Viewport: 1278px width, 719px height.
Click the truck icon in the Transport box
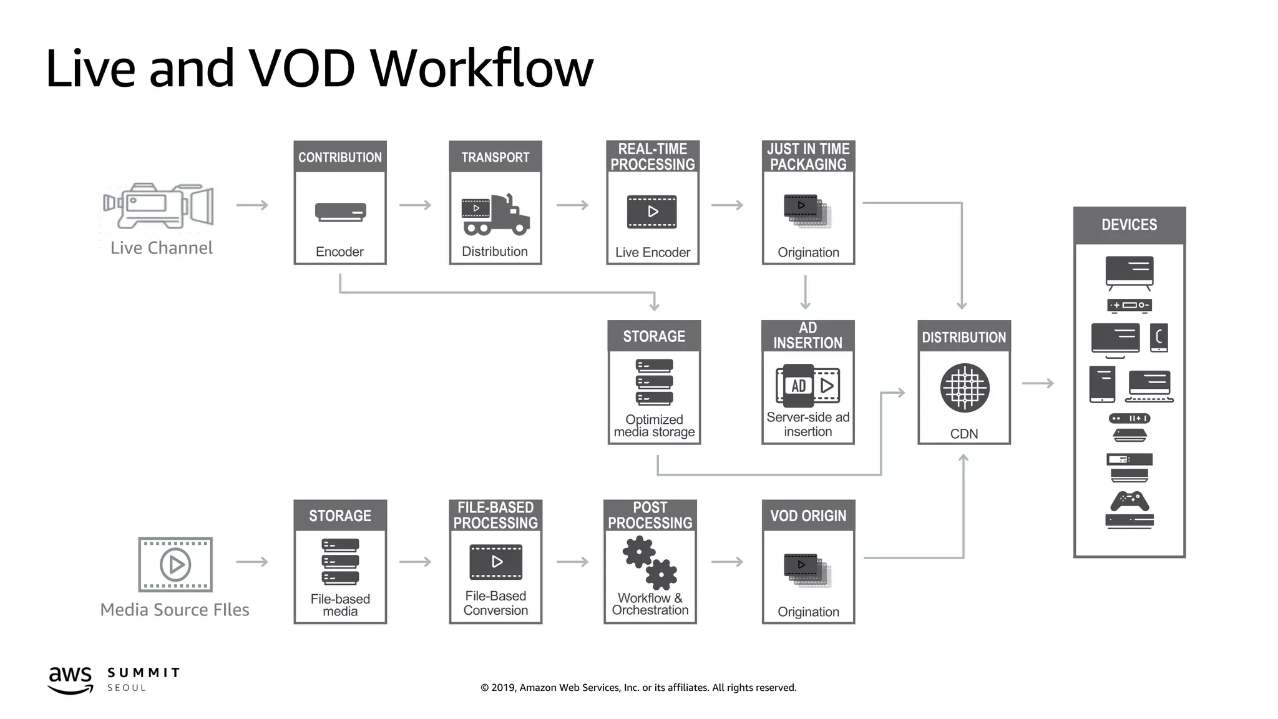pos(495,215)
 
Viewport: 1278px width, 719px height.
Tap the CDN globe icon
pos(964,388)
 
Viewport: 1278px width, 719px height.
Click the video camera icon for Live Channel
pos(159,205)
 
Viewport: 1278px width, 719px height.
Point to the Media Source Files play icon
pos(175,564)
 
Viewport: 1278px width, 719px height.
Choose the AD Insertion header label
pos(807,336)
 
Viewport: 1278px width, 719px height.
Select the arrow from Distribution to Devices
pos(1038,383)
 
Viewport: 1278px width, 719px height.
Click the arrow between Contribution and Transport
pos(416,205)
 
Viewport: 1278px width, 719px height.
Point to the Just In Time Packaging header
pos(808,157)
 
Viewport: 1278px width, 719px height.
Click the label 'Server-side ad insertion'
pos(807,424)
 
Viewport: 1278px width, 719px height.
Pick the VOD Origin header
pos(808,516)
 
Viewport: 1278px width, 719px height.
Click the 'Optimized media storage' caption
pos(654,426)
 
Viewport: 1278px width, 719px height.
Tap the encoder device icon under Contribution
pos(340,212)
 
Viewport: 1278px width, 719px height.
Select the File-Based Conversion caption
pos(495,604)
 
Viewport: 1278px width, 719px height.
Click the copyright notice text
pos(638,688)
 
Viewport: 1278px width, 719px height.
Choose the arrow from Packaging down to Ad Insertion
pos(806,292)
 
